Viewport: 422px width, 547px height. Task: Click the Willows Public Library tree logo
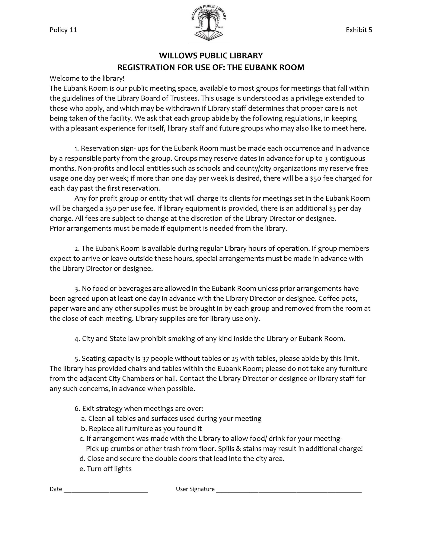pyautogui.click(x=209, y=22)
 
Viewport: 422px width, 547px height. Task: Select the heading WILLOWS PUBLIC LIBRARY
pyautogui.click(x=211, y=56)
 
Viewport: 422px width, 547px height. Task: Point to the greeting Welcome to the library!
pyautogui.click(x=87, y=78)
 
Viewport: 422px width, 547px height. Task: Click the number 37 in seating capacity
pyautogui.click(x=145, y=359)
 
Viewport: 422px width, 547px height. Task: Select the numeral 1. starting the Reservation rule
pyautogui.click(x=77, y=149)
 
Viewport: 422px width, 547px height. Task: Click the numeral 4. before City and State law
pyautogui.click(x=77, y=339)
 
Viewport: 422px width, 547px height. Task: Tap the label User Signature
pyautogui.click(x=195, y=489)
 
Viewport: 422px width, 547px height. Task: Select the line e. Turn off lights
pyautogui.click(x=106, y=469)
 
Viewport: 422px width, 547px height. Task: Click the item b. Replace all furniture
pyautogui.click(x=141, y=429)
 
